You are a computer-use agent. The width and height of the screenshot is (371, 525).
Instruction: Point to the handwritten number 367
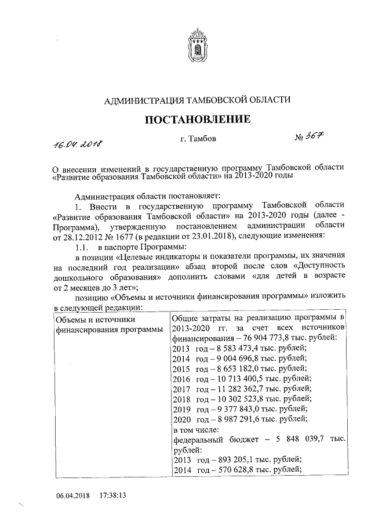[x=311, y=138]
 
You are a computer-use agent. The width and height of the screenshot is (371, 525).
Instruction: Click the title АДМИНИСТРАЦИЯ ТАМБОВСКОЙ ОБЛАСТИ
[x=197, y=100]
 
